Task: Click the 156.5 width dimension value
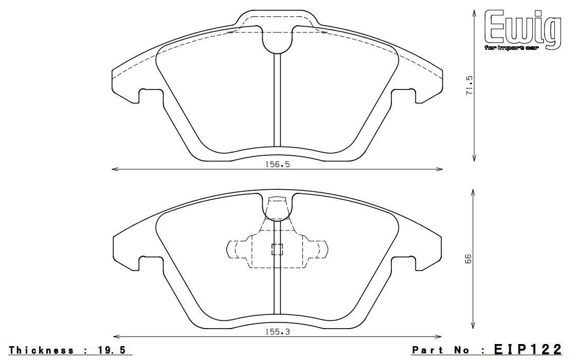pos(277,164)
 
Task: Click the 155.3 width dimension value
pos(277,332)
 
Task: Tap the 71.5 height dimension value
pos(469,85)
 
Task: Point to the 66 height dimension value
pos(467,259)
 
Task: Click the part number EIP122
pos(528,349)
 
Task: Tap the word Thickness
pos(42,350)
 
